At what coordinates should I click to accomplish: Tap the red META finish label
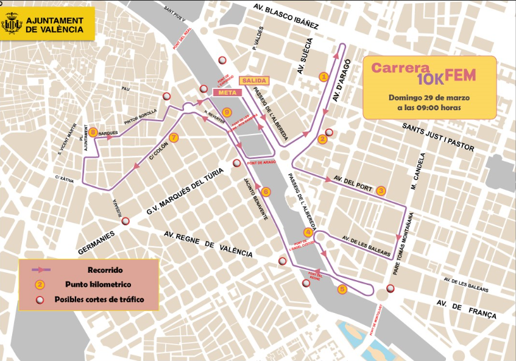point(226,92)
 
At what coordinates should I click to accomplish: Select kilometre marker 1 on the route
point(323,77)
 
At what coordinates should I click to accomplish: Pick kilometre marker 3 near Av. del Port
point(381,190)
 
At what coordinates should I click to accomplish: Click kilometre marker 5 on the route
point(342,290)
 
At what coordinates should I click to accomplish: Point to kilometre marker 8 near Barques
point(93,132)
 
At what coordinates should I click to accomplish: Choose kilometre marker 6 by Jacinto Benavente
point(266,192)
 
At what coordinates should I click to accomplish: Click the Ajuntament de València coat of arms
point(12,25)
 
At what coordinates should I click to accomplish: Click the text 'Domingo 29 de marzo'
point(429,97)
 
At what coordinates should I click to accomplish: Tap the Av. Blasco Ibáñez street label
point(286,16)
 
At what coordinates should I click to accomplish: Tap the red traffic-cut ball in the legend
point(40,299)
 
